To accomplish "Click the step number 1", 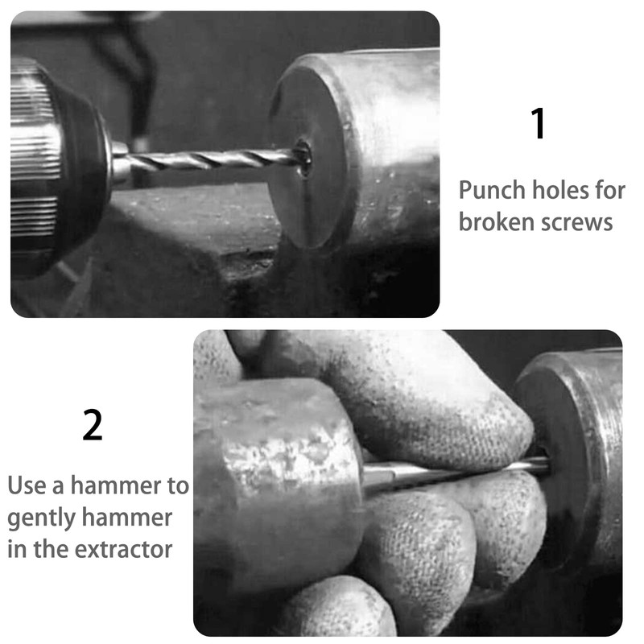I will coord(539,125).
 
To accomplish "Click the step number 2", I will coord(93,426).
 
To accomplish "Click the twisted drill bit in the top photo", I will coord(209,159).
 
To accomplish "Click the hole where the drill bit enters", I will coord(303,156).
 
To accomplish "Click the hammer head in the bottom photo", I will coord(274,475).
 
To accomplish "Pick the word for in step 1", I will coord(609,191).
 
